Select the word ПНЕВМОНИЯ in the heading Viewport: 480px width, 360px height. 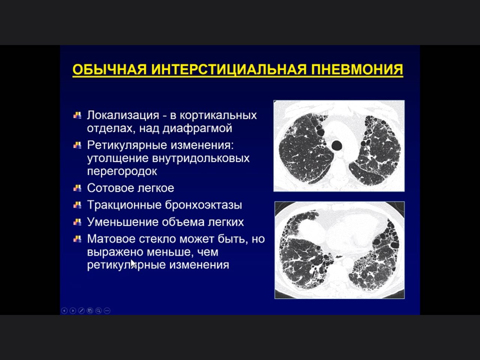coord(357,69)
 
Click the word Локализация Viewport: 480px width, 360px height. coord(123,115)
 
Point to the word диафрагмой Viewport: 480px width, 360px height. coord(197,128)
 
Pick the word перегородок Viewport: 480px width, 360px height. coord(122,171)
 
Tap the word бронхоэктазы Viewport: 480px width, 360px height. coord(204,205)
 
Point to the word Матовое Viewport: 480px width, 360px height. coord(111,239)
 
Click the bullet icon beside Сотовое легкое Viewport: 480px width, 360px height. coord(77,188)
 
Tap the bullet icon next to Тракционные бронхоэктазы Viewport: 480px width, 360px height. coord(77,205)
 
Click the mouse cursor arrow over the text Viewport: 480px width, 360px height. coord(133,263)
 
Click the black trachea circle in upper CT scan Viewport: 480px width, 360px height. coord(337,145)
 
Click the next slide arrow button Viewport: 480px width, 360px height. coord(73,310)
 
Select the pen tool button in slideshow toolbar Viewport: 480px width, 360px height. coord(81,310)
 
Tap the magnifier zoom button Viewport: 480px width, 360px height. coord(98,310)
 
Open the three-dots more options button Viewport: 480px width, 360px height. coord(107,310)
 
